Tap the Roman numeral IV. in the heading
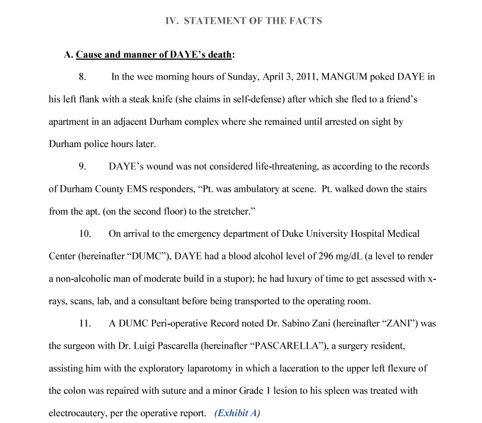[x=172, y=21]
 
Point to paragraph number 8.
[x=83, y=77]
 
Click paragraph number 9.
[x=83, y=167]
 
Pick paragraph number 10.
[x=85, y=234]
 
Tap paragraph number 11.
[x=85, y=324]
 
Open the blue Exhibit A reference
[x=237, y=413]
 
